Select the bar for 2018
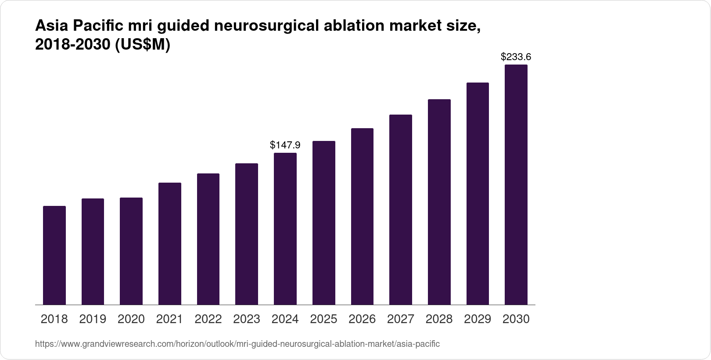pos(54,255)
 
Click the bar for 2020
pos(131,251)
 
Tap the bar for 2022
pos(208,239)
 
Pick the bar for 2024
pos(285,229)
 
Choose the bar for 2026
pos(362,216)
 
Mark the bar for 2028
pos(439,202)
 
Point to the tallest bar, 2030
pos(516,185)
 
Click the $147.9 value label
pos(285,145)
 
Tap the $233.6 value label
pos(516,57)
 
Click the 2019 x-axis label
pos(93,319)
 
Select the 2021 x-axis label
pos(170,319)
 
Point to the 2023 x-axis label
pos(247,319)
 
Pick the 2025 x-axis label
pos(323,319)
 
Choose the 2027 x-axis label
pos(401,319)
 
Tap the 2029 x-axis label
pos(478,319)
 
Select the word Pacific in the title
pos(98,26)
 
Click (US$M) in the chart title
pos(142,44)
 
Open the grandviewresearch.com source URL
pos(237,344)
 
